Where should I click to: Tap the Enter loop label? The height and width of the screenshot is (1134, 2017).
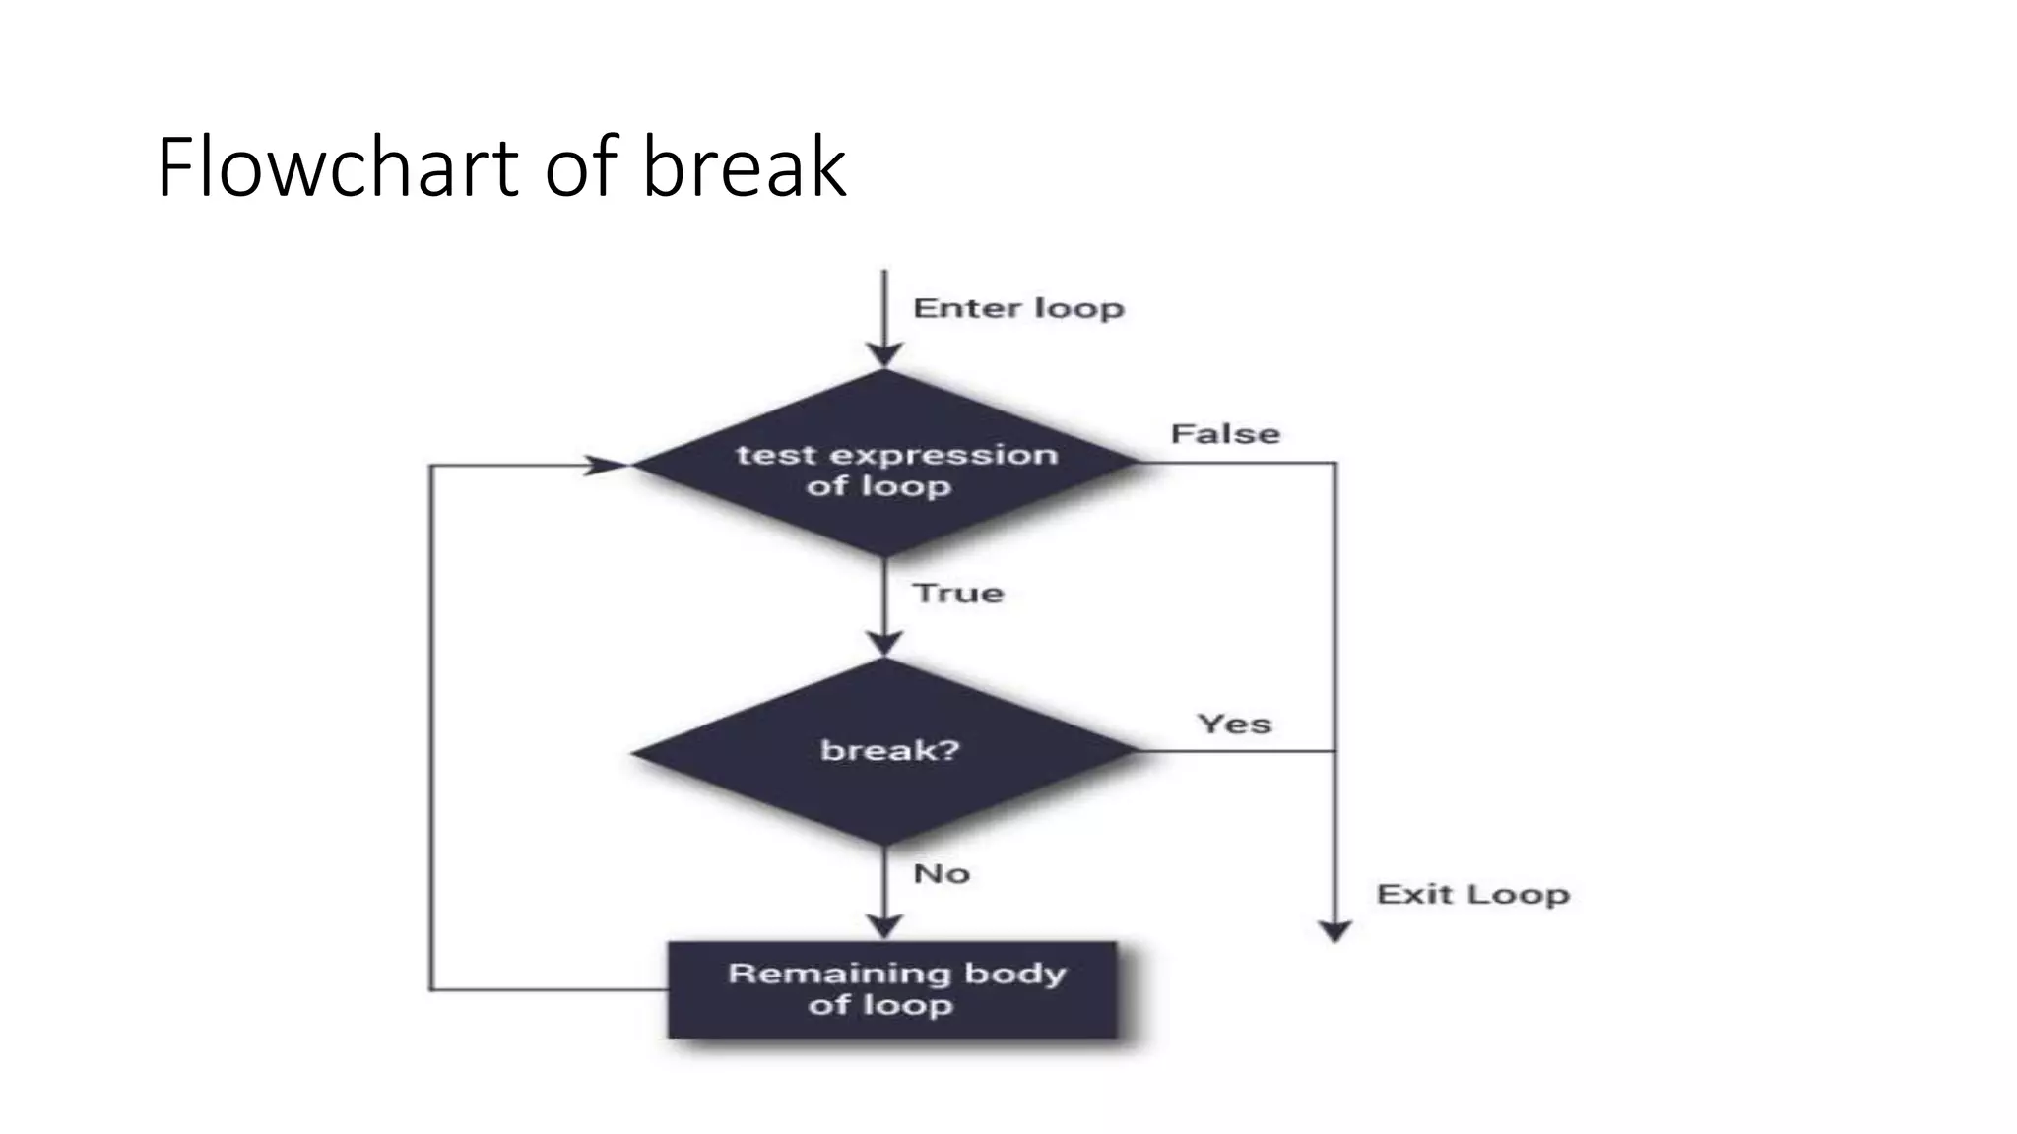1018,308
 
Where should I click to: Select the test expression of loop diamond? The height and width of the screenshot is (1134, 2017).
884,463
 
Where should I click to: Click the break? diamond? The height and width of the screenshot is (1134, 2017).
884,751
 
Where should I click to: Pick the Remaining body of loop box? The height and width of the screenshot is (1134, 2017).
892,989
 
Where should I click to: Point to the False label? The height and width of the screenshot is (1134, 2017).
1225,434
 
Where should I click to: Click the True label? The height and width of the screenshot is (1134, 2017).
957,593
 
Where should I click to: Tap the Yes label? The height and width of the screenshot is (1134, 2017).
1234,724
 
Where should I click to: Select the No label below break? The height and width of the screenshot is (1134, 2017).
942,873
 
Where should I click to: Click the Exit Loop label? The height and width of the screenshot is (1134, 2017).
1472,895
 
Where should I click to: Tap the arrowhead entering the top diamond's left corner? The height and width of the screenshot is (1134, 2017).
607,465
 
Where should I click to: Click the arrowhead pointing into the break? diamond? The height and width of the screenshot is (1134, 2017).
884,644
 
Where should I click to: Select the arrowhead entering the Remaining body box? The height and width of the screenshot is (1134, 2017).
884,926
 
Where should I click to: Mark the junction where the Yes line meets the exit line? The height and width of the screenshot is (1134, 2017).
1335,751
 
